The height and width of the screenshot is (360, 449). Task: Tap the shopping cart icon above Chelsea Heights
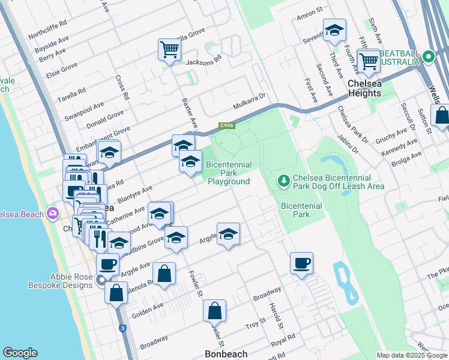click(x=368, y=61)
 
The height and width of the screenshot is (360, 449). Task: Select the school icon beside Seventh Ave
click(x=334, y=31)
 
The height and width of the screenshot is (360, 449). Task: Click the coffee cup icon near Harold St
click(x=301, y=262)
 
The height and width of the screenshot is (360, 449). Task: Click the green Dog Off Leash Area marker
click(x=284, y=180)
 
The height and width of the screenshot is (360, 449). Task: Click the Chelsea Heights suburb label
click(x=364, y=88)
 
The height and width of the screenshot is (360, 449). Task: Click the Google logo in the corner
click(x=20, y=353)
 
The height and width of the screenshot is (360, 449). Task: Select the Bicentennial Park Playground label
click(x=229, y=173)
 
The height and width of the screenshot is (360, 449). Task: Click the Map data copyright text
click(x=412, y=355)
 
